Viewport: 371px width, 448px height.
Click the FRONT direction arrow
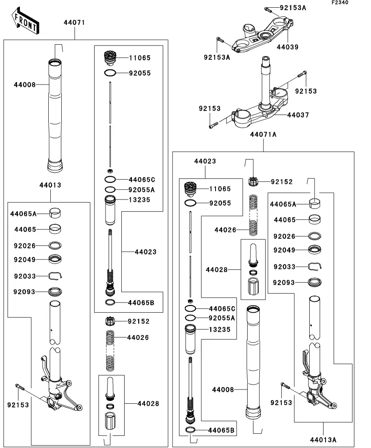coord(25,22)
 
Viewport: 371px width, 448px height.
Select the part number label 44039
coord(287,47)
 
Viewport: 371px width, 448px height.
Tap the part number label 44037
coord(298,115)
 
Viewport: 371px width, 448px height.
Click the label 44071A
coord(263,134)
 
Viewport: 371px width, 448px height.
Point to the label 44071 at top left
coord(74,23)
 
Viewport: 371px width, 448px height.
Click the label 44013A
coord(323,439)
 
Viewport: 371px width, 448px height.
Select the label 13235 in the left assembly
coord(139,200)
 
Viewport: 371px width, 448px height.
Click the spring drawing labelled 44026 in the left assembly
coord(110,350)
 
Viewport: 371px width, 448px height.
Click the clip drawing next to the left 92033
coord(56,276)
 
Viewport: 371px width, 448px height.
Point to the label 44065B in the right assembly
coord(221,430)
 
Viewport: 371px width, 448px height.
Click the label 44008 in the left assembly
coord(25,85)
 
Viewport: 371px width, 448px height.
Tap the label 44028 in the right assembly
coord(217,270)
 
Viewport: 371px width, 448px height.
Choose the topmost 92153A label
coord(293,8)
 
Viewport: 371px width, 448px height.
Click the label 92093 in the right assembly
coord(284,282)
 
